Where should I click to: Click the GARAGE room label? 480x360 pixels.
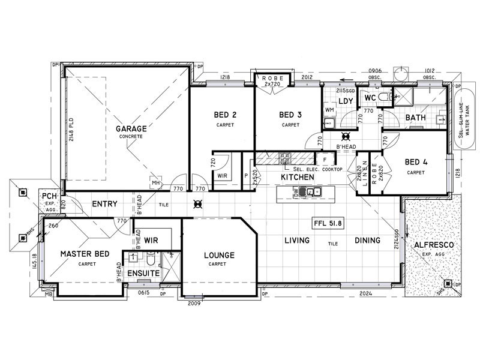131,128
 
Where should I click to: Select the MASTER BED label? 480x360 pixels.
85,254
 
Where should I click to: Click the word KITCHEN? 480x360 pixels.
298,178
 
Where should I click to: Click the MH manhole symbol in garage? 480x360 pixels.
155,183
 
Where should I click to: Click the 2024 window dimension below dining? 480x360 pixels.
366,294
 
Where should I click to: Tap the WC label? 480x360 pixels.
370,97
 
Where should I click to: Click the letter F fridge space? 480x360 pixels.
325,160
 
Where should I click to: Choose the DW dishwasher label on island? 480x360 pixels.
295,192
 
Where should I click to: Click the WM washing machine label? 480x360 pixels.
329,110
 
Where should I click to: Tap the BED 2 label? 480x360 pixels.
225,115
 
